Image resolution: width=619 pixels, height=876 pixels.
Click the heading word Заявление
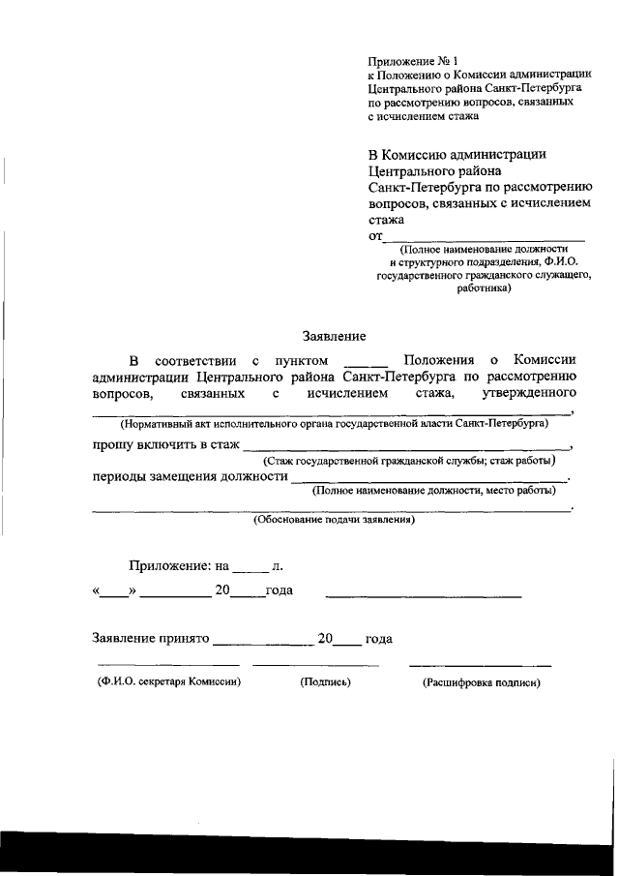coord(334,337)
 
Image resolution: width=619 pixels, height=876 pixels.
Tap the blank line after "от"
coord(484,236)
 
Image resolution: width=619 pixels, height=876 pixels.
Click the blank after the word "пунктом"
coord(366,362)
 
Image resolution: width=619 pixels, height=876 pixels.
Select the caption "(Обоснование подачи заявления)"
coord(334,520)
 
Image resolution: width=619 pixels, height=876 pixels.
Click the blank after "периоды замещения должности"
coord(430,477)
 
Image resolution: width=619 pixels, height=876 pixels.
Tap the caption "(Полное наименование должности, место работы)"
coord(440,492)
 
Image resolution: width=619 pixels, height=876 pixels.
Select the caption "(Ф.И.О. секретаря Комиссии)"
coord(168,681)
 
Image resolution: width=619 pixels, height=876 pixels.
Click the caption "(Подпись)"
coord(325,681)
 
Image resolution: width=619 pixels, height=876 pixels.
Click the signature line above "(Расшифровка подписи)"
coord(481,665)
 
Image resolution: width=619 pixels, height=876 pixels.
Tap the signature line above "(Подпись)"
coord(315,665)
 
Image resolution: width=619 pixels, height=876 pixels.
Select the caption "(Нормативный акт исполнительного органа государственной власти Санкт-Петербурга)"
coord(334,424)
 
